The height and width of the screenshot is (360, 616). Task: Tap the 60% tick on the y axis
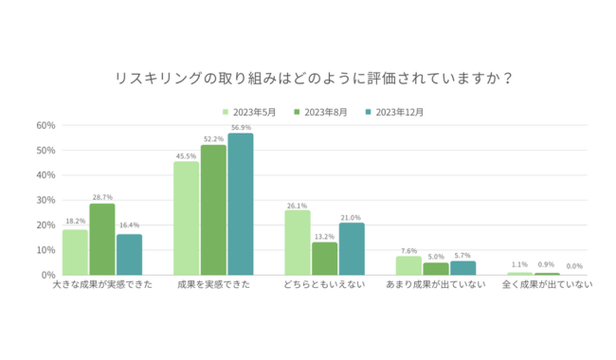click(45, 125)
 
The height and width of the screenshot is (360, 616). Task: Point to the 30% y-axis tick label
click(45, 200)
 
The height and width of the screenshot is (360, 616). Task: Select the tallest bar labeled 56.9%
click(241, 205)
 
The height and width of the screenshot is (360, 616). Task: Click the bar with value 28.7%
click(102, 240)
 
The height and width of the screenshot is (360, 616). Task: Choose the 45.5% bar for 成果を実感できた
click(187, 219)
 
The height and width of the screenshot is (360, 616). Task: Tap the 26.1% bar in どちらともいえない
click(298, 243)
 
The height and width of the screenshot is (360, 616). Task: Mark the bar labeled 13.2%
click(325, 259)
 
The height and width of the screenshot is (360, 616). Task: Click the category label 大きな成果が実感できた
click(102, 286)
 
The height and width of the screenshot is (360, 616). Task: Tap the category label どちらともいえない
click(324, 286)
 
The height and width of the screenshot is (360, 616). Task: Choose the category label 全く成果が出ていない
click(547, 286)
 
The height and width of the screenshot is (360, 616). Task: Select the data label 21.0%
click(352, 215)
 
